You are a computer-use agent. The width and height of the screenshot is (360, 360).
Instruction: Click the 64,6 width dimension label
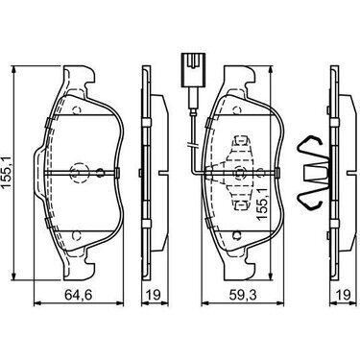click(x=79, y=295)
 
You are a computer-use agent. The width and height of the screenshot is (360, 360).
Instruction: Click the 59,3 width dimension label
click(x=243, y=295)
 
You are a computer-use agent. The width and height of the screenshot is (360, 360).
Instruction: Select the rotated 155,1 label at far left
click(x=7, y=172)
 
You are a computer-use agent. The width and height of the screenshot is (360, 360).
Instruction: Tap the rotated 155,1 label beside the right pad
click(x=262, y=200)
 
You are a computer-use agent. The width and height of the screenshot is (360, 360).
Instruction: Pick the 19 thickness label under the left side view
click(x=155, y=295)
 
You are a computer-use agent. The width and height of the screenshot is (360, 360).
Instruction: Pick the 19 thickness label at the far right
click(x=344, y=295)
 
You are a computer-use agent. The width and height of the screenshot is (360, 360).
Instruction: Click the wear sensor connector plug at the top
click(x=192, y=70)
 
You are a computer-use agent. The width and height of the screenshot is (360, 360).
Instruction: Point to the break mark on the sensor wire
click(x=193, y=145)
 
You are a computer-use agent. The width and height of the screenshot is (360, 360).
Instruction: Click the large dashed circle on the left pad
click(x=78, y=173)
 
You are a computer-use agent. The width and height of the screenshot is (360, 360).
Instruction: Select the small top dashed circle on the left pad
click(x=77, y=110)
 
